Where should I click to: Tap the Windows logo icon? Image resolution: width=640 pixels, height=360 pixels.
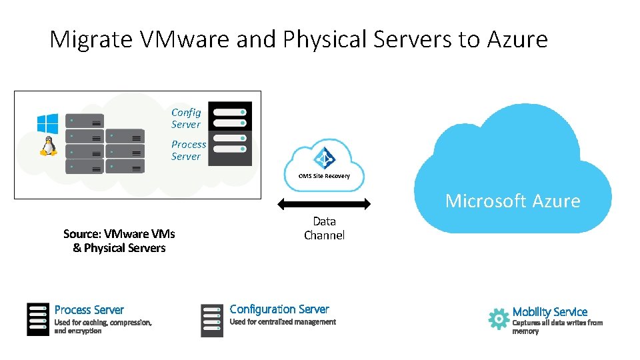(x=47, y=123)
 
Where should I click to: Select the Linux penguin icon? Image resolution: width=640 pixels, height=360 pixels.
(x=47, y=146)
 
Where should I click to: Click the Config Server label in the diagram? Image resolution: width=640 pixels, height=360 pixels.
(x=186, y=119)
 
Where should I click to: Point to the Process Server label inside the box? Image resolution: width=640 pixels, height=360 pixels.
(x=189, y=150)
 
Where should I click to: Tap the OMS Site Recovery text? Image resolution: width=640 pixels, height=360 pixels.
(x=324, y=176)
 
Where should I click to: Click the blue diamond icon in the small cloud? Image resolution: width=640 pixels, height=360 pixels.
(x=325, y=158)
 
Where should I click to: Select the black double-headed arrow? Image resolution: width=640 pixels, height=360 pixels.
(x=324, y=203)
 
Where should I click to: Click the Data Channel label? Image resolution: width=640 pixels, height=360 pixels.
(x=324, y=228)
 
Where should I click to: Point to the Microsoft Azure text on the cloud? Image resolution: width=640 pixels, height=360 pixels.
(x=513, y=201)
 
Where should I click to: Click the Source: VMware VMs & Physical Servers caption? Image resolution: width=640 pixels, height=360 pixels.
(x=119, y=241)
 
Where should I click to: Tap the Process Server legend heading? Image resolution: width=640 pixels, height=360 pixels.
(x=89, y=310)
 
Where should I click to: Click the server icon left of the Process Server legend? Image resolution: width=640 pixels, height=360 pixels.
(x=38, y=319)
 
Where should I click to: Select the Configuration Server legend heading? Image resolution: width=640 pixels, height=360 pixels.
(x=279, y=309)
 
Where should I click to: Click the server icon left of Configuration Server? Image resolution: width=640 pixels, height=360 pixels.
(x=212, y=320)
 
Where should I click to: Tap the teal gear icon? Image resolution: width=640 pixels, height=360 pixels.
(x=498, y=319)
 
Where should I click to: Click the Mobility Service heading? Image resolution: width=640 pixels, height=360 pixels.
(x=550, y=311)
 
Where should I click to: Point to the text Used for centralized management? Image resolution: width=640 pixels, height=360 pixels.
(x=283, y=322)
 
